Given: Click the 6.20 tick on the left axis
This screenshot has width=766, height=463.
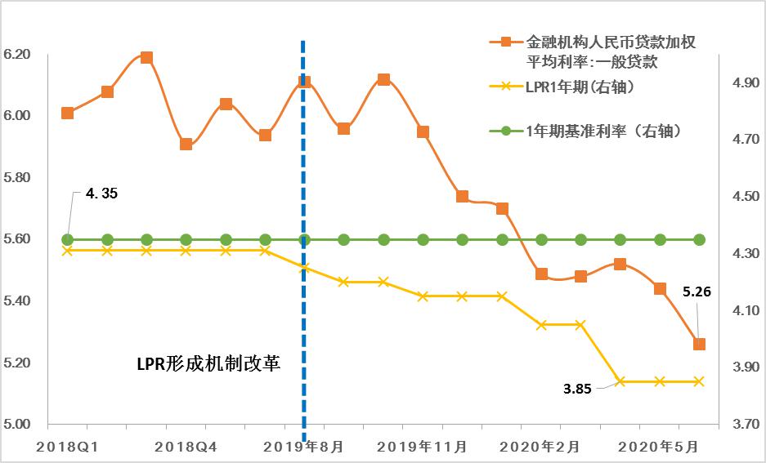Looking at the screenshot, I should click(x=17, y=55).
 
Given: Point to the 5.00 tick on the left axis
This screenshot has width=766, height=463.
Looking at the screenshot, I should click(x=17, y=425).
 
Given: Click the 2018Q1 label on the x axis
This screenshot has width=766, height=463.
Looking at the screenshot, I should click(x=67, y=447).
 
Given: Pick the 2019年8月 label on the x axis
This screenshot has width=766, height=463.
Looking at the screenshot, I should click(x=304, y=447).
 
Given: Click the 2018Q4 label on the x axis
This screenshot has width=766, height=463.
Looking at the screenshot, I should click(x=186, y=447).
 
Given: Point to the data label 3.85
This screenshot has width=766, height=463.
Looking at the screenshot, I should click(x=577, y=389).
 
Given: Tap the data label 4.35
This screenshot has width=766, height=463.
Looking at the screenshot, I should click(x=102, y=194).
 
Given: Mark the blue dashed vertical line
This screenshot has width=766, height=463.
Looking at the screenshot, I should click(x=303, y=245).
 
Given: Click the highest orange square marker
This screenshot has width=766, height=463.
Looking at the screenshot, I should click(x=146, y=57).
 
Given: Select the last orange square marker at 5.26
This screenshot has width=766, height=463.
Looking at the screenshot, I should click(x=699, y=344).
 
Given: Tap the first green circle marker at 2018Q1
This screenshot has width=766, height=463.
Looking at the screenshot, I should click(x=67, y=239).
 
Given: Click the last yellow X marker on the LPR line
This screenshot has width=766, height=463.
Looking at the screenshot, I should click(x=699, y=381).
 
